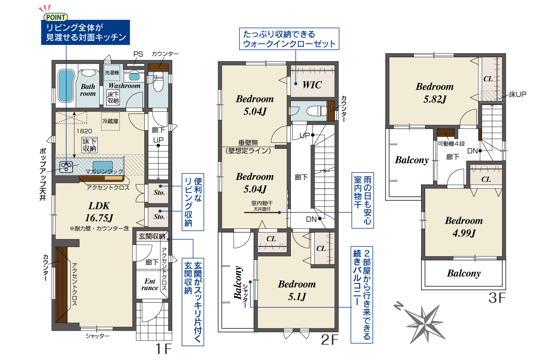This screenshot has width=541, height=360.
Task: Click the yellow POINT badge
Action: click(55, 17)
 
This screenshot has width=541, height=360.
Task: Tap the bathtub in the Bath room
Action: click(66, 86)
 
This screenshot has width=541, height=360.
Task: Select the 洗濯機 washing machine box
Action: click(112, 73)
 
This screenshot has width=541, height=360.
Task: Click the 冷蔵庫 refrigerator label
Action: click(110, 121)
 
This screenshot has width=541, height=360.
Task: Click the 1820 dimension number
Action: click(84, 131)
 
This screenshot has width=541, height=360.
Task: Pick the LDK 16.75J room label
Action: click(99, 212)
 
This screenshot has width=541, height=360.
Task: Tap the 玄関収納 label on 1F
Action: click(152, 236)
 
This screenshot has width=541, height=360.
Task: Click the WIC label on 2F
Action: click(312, 85)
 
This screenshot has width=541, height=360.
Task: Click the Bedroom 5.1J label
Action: click(297, 290)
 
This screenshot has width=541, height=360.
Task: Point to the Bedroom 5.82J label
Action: click(435, 93)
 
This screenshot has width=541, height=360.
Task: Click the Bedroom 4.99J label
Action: click(464, 227)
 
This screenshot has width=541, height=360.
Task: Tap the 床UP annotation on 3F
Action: click(518, 95)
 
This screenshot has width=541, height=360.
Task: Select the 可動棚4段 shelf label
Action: click(451, 144)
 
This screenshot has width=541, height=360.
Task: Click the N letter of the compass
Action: click(399, 306)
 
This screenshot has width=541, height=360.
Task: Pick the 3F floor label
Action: click(497, 298)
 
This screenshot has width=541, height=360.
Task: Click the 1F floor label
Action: click(164, 348)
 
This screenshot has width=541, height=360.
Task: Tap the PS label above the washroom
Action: click(138, 54)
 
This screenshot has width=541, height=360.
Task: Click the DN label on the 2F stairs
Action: click(311, 219)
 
